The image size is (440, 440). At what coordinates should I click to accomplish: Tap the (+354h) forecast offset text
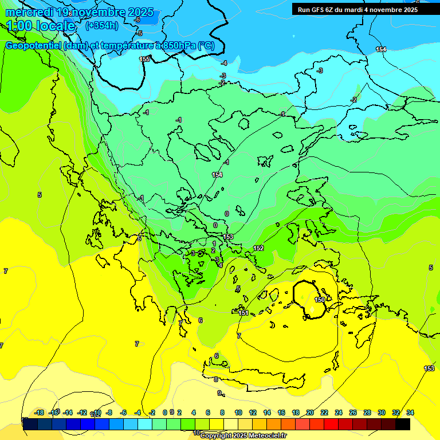[x=101, y=25]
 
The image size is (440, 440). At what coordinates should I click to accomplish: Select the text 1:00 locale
[x=41, y=26]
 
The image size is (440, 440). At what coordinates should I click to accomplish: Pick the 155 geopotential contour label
[x=145, y=59]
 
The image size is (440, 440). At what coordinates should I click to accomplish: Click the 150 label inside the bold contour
[x=320, y=300]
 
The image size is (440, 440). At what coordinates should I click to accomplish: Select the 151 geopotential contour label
[x=243, y=313]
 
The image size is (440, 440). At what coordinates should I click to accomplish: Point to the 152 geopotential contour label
[x=258, y=248]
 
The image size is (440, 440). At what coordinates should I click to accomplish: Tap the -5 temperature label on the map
[x=139, y=33]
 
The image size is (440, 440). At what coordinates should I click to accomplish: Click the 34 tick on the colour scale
[x=410, y=412]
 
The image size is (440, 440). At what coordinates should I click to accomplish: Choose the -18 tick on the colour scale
[x=40, y=412]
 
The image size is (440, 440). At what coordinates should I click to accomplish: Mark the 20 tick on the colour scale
[x=310, y=412]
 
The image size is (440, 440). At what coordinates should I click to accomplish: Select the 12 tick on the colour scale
[x=253, y=412]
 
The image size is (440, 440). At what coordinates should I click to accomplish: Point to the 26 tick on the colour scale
[x=353, y=412]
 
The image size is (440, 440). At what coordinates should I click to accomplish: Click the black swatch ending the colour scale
[x=403, y=424]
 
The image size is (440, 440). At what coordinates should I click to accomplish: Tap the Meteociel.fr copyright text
[x=243, y=435]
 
